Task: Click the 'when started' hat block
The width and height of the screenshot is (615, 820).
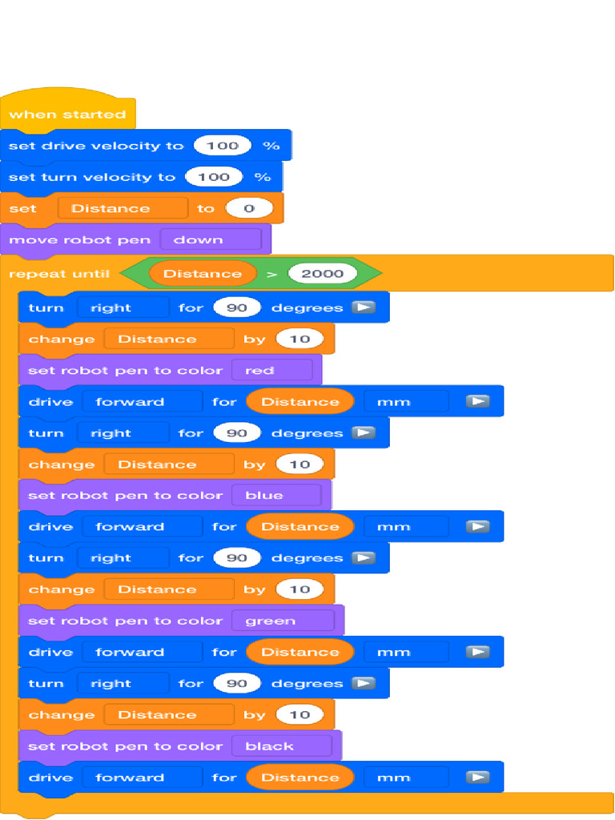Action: click(x=67, y=114)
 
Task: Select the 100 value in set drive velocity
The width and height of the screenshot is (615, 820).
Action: click(x=222, y=146)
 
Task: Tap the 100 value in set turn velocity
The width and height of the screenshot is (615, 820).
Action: click(x=213, y=177)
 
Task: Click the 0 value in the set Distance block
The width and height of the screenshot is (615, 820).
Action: click(x=248, y=208)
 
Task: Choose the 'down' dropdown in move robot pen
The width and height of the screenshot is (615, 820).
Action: click(x=210, y=239)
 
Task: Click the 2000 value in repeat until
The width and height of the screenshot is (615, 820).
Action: click(x=322, y=274)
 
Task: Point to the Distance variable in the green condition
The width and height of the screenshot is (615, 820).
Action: click(x=202, y=274)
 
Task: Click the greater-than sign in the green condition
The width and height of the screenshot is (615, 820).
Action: click(x=272, y=274)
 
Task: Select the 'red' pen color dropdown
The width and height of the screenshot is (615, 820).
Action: click(x=271, y=371)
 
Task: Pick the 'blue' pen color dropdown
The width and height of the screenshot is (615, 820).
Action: click(x=276, y=496)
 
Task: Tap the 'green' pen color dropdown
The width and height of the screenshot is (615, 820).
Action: click(x=283, y=621)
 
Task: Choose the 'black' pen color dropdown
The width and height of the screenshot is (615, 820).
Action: click(x=281, y=746)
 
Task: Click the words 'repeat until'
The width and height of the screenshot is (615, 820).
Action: click(x=58, y=274)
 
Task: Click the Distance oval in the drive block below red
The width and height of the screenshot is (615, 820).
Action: click(x=299, y=402)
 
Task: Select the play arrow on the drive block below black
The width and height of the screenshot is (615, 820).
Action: click(x=478, y=778)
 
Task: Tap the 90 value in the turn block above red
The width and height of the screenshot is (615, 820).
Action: click(x=237, y=308)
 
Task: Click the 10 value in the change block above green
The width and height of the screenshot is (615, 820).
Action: click(x=299, y=589)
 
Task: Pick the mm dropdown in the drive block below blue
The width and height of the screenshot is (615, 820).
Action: click(x=405, y=527)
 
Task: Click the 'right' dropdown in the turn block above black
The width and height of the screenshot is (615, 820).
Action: click(x=123, y=684)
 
